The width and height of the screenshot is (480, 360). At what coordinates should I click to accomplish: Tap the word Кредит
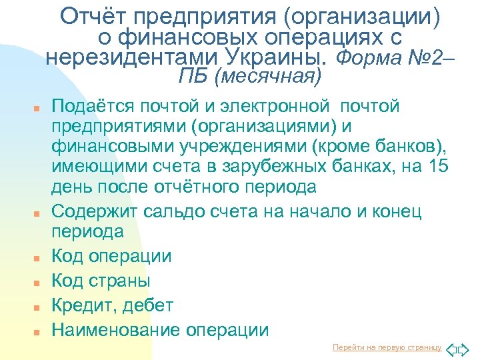tap(81, 306)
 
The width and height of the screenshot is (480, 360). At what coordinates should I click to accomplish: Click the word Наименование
tap(116, 330)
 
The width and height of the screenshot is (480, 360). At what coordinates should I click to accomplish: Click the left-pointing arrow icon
tap(451, 349)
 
